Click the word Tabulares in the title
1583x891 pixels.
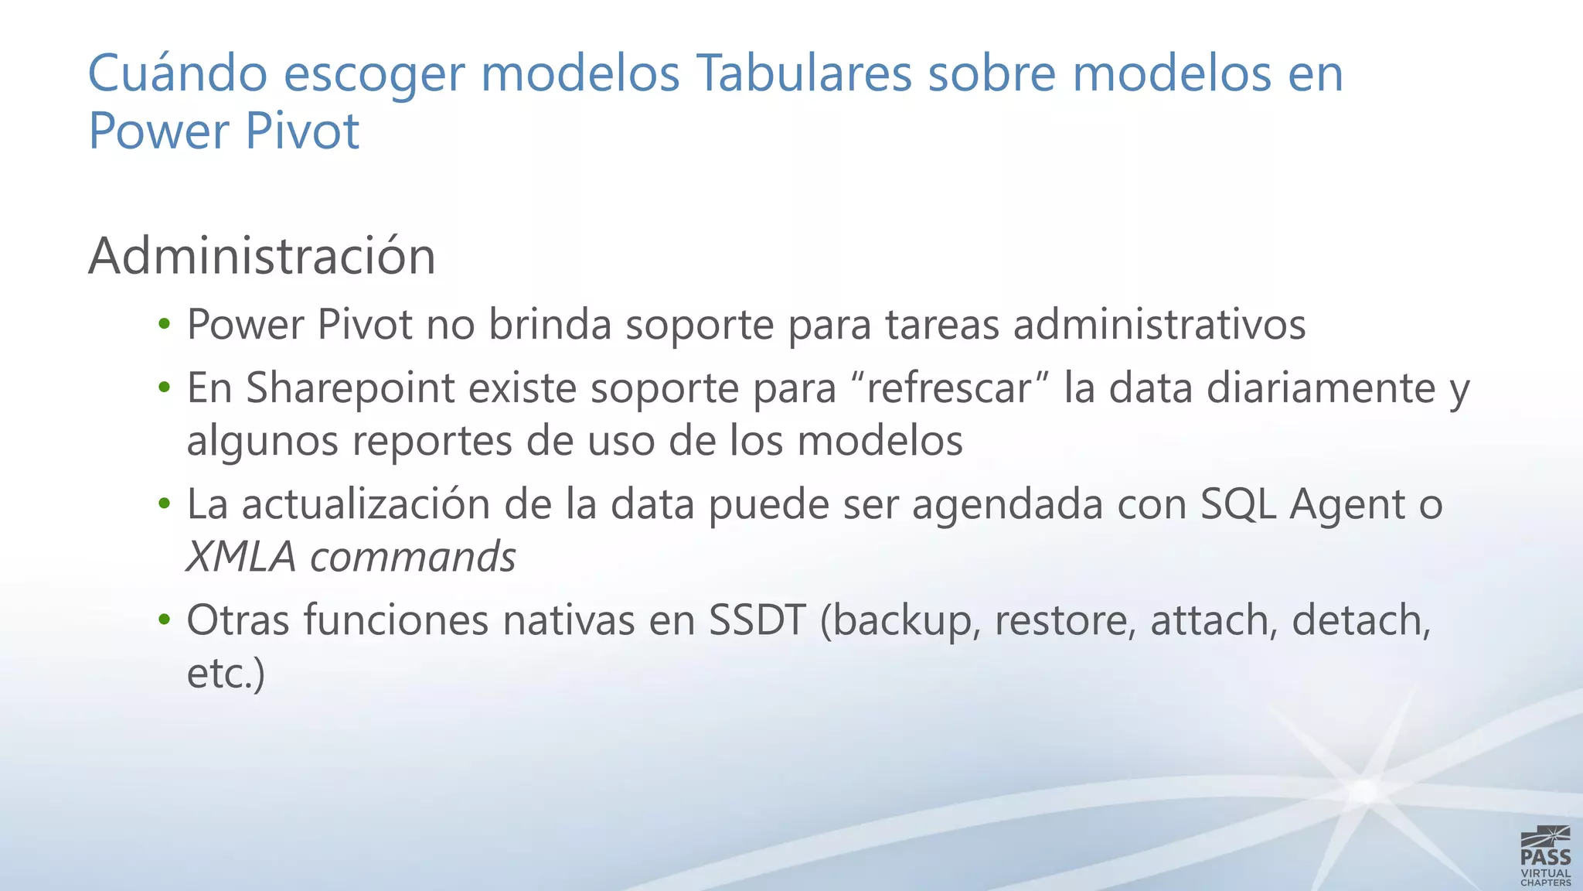coord(804,73)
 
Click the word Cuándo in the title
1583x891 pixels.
coord(178,73)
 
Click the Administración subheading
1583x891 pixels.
coord(262,256)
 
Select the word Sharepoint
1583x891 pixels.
coord(350,388)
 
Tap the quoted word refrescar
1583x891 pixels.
coord(949,388)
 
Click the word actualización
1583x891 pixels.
coord(366,504)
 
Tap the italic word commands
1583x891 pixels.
coord(413,557)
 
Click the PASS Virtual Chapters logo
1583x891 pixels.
coord(1545,855)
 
